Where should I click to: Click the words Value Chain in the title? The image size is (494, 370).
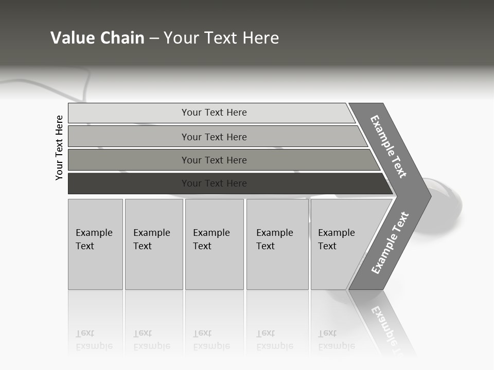click(x=97, y=38)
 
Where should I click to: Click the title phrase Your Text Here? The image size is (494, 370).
click(x=221, y=38)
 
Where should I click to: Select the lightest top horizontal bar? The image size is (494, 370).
click(x=214, y=113)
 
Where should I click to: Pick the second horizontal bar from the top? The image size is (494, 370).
click(x=214, y=137)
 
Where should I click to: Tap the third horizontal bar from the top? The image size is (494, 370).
click(x=214, y=160)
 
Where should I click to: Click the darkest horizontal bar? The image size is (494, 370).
click(x=214, y=183)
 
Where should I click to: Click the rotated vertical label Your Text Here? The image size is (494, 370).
click(x=59, y=147)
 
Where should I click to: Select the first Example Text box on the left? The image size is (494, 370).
click(x=95, y=244)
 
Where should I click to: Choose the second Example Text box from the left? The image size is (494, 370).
click(x=153, y=244)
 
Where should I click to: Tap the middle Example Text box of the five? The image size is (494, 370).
click(x=214, y=244)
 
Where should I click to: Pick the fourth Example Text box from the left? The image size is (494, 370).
click(x=277, y=244)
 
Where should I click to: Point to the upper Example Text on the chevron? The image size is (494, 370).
click(x=389, y=146)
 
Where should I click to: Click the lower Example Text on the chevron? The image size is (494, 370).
click(x=390, y=243)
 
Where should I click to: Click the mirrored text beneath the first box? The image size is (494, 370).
click(x=94, y=340)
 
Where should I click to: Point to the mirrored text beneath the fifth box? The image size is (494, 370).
click(x=336, y=340)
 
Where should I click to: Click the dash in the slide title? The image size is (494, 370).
click(x=154, y=39)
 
